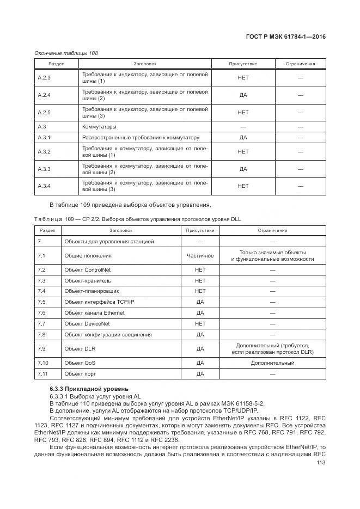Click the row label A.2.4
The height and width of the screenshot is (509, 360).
[44, 95]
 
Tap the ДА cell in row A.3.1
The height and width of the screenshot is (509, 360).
[243, 138]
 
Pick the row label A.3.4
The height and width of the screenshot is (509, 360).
[44, 186]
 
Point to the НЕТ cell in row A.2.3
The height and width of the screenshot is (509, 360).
[243, 78]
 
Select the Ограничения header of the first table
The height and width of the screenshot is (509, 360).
[300, 64]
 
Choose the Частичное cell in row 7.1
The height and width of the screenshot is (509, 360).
[200, 255]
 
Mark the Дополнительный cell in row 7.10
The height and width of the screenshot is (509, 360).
[272, 363]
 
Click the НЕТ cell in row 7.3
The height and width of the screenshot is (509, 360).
[200, 281]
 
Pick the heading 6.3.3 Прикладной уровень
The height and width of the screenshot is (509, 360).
[89, 389]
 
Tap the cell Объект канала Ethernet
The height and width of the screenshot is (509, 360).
[94, 313]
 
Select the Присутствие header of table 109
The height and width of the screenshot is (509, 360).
[200, 230]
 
